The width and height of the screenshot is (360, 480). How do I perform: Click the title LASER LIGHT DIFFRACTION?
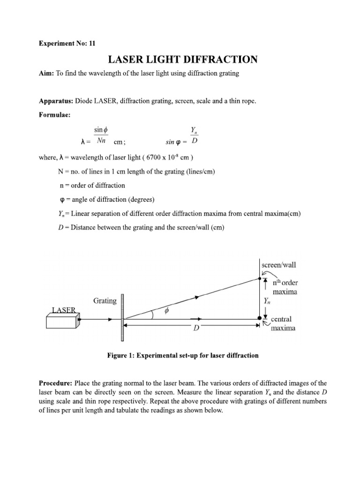coord(183,60)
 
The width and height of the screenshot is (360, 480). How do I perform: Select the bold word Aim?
coord(46,75)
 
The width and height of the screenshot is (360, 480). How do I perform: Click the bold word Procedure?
coord(56,383)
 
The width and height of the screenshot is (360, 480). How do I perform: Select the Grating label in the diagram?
coord(105,300)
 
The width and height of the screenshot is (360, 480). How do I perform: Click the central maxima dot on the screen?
coord(260,318)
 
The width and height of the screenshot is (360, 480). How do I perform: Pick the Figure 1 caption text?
coord(183,355)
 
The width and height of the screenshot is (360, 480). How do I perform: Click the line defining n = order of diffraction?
coord(91,185)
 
